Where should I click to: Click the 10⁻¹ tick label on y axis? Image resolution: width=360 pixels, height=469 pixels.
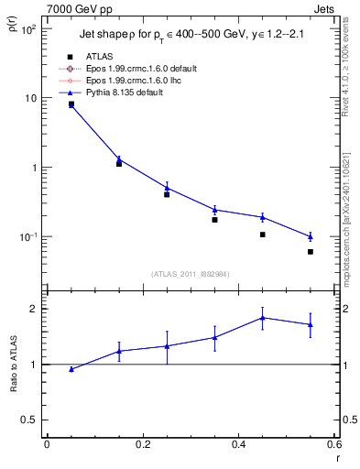[26, 237]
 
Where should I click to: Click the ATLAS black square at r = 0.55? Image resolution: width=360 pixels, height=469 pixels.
[311, 251]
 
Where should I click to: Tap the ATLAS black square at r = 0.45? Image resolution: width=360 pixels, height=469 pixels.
[262, 234]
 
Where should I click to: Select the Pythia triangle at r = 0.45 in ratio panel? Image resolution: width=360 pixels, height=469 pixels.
[263, 318]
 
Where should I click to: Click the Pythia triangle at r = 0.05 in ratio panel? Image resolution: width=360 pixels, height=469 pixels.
[71, 369]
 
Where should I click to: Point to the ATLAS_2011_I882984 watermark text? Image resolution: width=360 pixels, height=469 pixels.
[190, 273]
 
